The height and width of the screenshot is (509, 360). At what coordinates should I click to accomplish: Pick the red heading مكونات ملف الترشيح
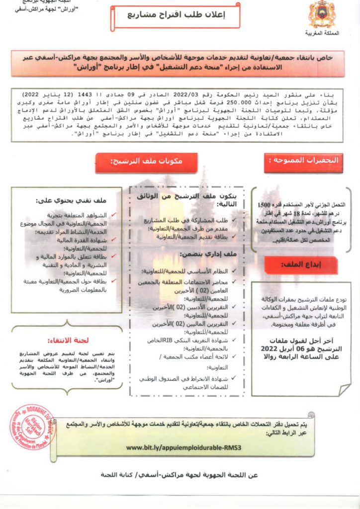[147, 162]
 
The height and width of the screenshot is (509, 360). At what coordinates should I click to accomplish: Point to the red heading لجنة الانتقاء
[68, 340]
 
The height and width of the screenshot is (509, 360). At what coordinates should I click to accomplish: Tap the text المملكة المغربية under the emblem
[321, 33]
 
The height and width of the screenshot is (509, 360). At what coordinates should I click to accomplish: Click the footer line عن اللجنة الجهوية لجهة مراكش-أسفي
[180, 475]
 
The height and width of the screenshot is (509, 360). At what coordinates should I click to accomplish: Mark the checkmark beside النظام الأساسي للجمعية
[234, 270]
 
